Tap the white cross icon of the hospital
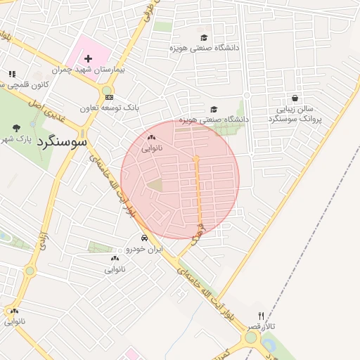89,58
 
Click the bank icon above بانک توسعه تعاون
108,97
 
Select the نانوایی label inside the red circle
152,148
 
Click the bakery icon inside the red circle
152,138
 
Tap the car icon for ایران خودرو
144,238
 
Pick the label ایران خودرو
144,249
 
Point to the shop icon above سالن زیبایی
294,98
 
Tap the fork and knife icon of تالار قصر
262,316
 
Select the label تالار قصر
261,328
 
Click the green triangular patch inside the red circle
155,186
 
